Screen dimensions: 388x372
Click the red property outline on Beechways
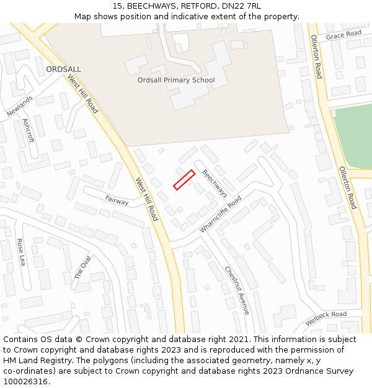pyautogui.click(x=184, y=179)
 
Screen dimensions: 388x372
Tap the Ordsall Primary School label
pyautogui.click(x=176, y=80)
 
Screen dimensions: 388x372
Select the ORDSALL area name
pyautogui.click(x=63, y=70)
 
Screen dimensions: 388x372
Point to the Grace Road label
pyautogui.click(x=343, y=34)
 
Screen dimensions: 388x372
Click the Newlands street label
pyautogui.click(x=19, y=106)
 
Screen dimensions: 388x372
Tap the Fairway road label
pyautogui.click(x=117, y=201)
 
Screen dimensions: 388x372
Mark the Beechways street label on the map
pyautogui.click(x=215, y=184)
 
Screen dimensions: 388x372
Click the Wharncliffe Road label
pyautogui.click(x=220, y=214)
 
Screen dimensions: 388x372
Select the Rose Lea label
pyautogui.click(x=21, y=252)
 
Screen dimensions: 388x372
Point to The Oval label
pyautogui.click(x=82, y=267)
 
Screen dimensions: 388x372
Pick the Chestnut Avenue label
pyautogui.click(x=237, y=290)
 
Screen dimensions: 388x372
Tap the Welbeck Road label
pyautogui.click(x=326, y=318)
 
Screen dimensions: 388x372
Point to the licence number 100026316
pyautogui.click(x=25, y=382)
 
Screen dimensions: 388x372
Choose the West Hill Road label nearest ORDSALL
pyautogui.click(x=83, y=94)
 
